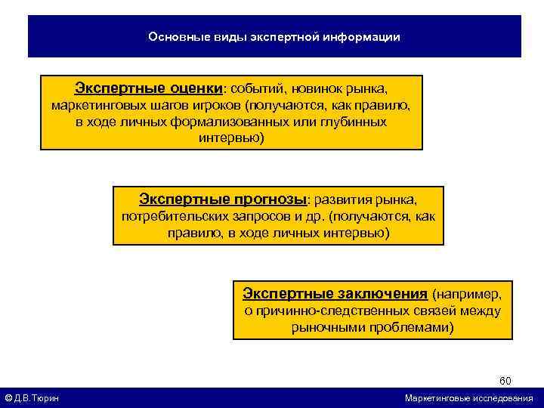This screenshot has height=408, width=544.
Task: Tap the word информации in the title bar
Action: [363, 36]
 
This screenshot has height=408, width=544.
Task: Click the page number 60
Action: [505, 380]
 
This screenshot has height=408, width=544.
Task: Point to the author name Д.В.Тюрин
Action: [39, 398]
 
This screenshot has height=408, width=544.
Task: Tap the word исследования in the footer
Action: [503, 398]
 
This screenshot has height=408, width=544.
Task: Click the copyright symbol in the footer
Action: [8, 398]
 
